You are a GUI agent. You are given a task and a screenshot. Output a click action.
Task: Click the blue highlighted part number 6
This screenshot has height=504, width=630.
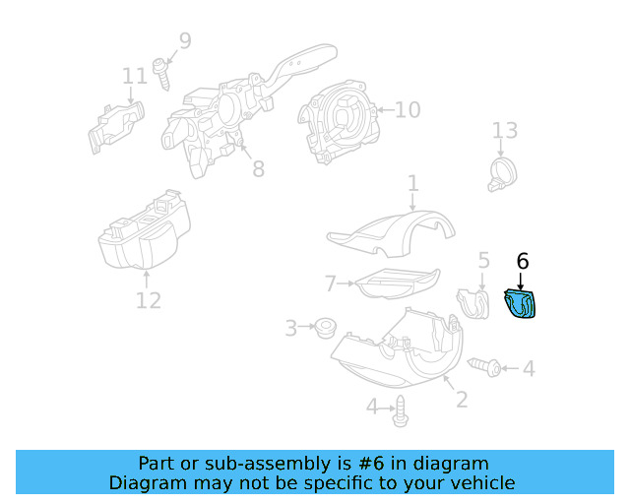pyautogui.click(x=520, y=305)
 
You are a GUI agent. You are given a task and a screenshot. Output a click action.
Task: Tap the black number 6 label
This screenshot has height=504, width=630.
pyautogui.click(x=523, y=261)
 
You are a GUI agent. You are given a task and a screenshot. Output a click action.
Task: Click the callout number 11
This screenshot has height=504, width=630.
pyautogui.click(x=135, y=76)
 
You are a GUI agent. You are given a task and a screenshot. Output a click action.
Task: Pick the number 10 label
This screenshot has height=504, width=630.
pyautogui.click(x=407, y=109)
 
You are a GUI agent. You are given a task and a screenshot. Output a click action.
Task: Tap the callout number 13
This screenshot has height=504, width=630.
pyautogui.click(x=504, y=131)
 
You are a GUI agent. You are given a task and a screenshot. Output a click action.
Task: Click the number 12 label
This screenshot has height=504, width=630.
pyautogui.click(x=148, y=299)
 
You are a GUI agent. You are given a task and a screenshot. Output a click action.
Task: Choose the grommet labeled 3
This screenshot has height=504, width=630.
pyautogui.click(x=321, y=327)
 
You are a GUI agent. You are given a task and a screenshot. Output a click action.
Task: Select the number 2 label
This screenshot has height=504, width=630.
pyautogui.click(x=461, y=400)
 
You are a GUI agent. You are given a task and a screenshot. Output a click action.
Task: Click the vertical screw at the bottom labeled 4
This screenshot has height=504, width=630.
pyautogui.click(x=400, y=413)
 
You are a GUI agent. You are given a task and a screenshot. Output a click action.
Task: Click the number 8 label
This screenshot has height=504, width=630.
pyautogui.click(x=258, y=169)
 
